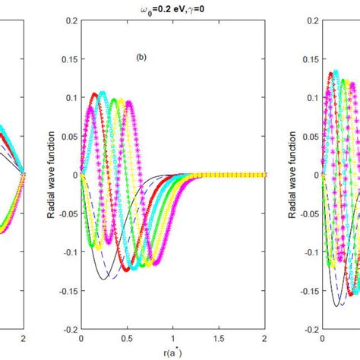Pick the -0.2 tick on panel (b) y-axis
coord(68,330)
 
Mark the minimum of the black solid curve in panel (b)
coord(103,279)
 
